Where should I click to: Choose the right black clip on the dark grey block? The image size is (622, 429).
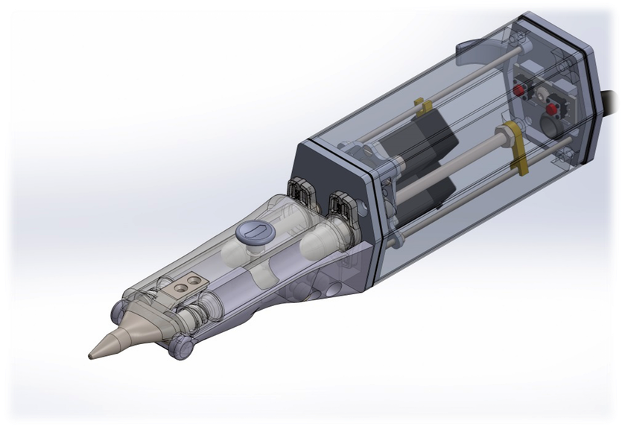click(340, 202)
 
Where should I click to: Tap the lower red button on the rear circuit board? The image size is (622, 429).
click(552, 109)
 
